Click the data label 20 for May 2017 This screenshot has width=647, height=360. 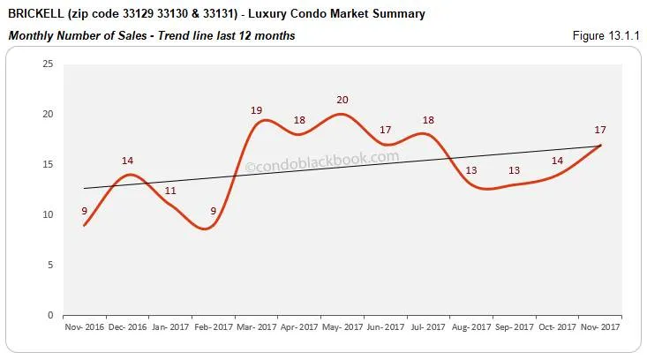tap(342, 100)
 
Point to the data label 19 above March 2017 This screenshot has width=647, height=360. tap(257, 110)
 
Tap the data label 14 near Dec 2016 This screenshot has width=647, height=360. tap(127, 161)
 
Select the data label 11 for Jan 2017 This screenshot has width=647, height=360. tap(170, 191)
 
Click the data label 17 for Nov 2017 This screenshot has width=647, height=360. tap(600, 130)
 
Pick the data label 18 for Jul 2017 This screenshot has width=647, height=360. tap(428, 120)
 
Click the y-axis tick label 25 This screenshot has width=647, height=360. tap(47, 64)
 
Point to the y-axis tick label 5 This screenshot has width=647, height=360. tap(49, 265)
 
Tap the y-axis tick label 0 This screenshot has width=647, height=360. tap(49, 315)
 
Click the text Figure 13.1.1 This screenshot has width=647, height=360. tap(606, 35)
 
